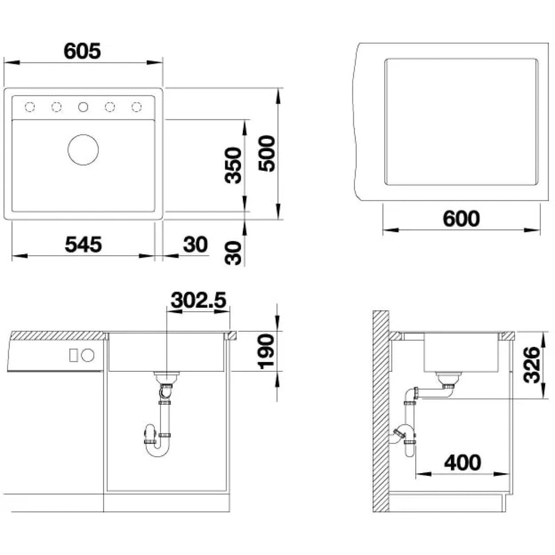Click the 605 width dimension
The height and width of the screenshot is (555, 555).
(82, 51)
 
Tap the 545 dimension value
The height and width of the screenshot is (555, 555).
(83, 244)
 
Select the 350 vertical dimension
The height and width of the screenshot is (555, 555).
(233, 165)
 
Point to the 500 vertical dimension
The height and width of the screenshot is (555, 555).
(267, 153)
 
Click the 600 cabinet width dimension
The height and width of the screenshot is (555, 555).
(461, 219)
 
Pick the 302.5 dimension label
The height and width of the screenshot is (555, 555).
(198, 300)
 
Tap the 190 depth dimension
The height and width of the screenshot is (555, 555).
(267, 351)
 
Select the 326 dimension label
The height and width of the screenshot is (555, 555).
(532, 365)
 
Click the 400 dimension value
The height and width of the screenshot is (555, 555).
(463, 462)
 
